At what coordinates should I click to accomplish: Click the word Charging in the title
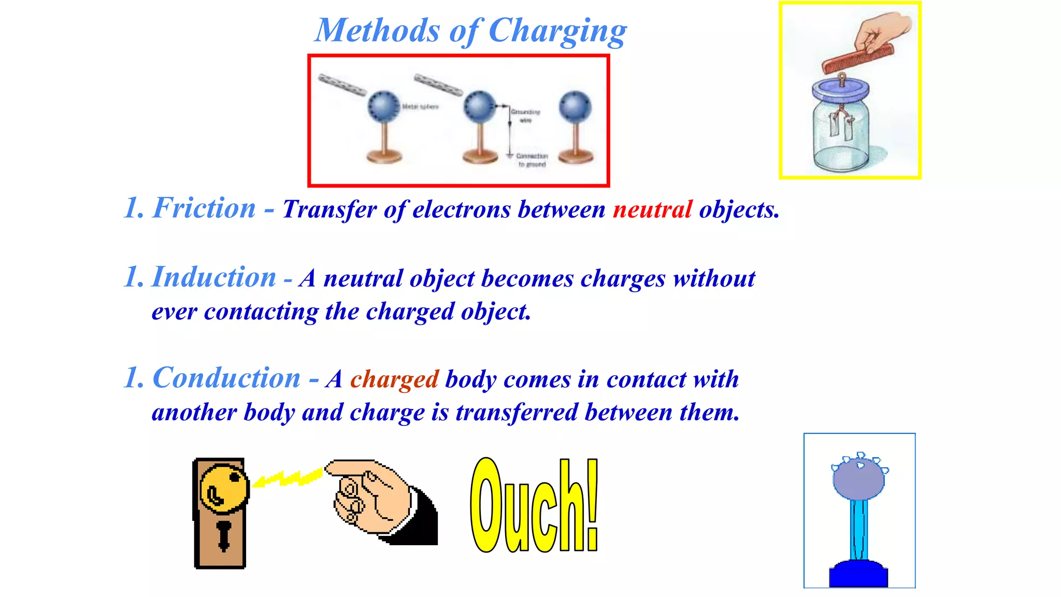coord(557,31)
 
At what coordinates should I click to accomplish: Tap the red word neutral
coord(652,210)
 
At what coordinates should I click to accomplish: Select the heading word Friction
coord(204,208)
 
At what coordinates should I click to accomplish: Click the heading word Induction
coord(214,277)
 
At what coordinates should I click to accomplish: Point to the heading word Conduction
coord(226,378)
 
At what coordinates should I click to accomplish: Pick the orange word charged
coord(394,379)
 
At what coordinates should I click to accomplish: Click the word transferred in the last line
coord(517,413)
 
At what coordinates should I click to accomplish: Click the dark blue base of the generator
coord(858,574)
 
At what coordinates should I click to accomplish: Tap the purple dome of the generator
coord(858,479)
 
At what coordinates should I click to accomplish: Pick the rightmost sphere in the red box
coord(575,106)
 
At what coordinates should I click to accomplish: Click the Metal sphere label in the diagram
coord(420,107)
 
